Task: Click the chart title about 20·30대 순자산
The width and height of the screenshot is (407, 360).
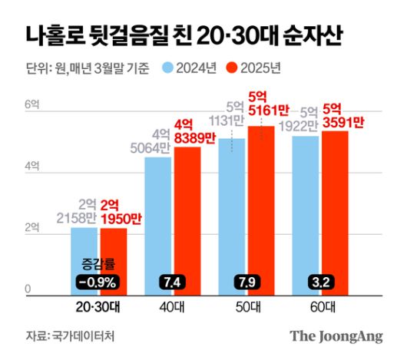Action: (x=184, y=35)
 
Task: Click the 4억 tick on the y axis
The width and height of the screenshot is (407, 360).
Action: (x=31, y=166)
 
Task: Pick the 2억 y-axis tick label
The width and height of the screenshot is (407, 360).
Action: (x=31, y=229)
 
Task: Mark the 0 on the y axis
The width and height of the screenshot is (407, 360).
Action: (x=28, y=289)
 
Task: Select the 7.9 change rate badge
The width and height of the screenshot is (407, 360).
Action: (x=247, y=282)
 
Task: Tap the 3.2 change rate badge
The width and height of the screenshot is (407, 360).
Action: (x=322, y=282)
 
